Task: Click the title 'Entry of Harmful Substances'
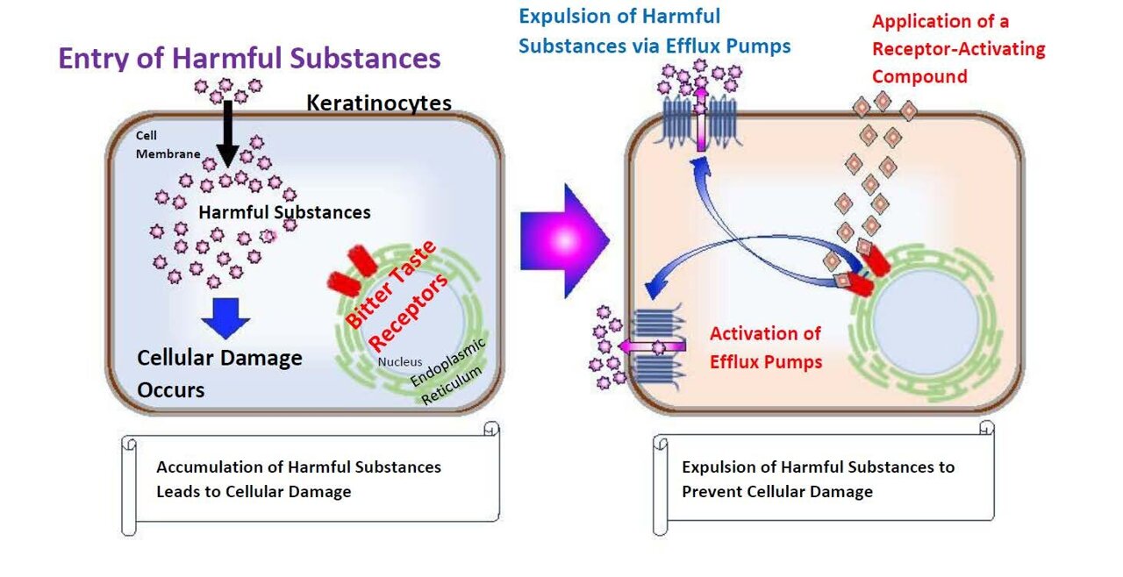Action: (x=249, y=58)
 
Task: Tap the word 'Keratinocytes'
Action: (x=378, y=103)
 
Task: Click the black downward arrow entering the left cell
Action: (x=226, y=132)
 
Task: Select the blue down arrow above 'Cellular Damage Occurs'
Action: (x=225, y=317)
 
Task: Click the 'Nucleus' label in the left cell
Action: (x=400, y=361)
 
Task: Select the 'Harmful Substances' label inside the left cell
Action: (x=284, y=212)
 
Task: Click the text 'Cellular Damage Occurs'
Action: (x=219, y=373)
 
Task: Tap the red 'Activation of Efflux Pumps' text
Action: (x=766, y=346)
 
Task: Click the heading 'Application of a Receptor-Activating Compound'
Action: (x=958, y=49)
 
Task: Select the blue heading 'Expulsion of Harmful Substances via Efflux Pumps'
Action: (x=654, y=31)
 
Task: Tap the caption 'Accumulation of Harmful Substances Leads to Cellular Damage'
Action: (x=298, y=479)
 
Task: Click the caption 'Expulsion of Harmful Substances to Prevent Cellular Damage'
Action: (x=818, y=479)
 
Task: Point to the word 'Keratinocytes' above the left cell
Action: (x=378, y=103)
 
